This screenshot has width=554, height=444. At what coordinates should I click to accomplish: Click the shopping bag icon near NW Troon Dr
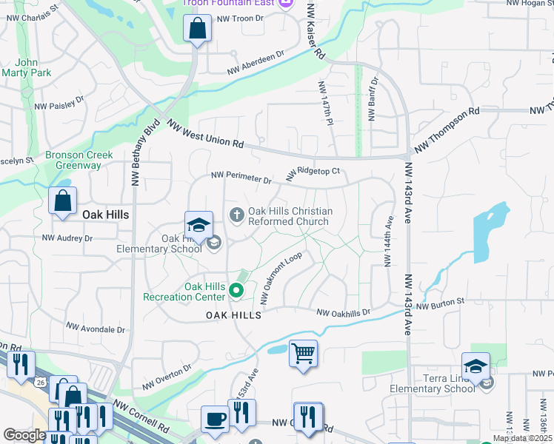pos(197,30)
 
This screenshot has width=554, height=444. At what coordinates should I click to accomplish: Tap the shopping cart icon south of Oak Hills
pos(303,353)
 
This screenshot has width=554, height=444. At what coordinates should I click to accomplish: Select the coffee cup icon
pos(215,419)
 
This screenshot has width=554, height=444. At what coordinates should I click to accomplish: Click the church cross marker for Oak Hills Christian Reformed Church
pos(237,215)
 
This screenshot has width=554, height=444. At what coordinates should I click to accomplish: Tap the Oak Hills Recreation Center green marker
pos(237,291)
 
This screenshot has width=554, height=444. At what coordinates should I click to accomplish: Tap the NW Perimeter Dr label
pos(241,177)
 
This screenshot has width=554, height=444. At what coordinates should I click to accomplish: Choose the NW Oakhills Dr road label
pos(343,313)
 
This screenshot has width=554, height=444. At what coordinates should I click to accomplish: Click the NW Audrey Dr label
pos(67,238)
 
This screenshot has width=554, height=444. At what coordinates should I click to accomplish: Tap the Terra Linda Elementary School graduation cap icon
pos(475,366)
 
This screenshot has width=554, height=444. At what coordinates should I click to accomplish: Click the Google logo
pos(24,435)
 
